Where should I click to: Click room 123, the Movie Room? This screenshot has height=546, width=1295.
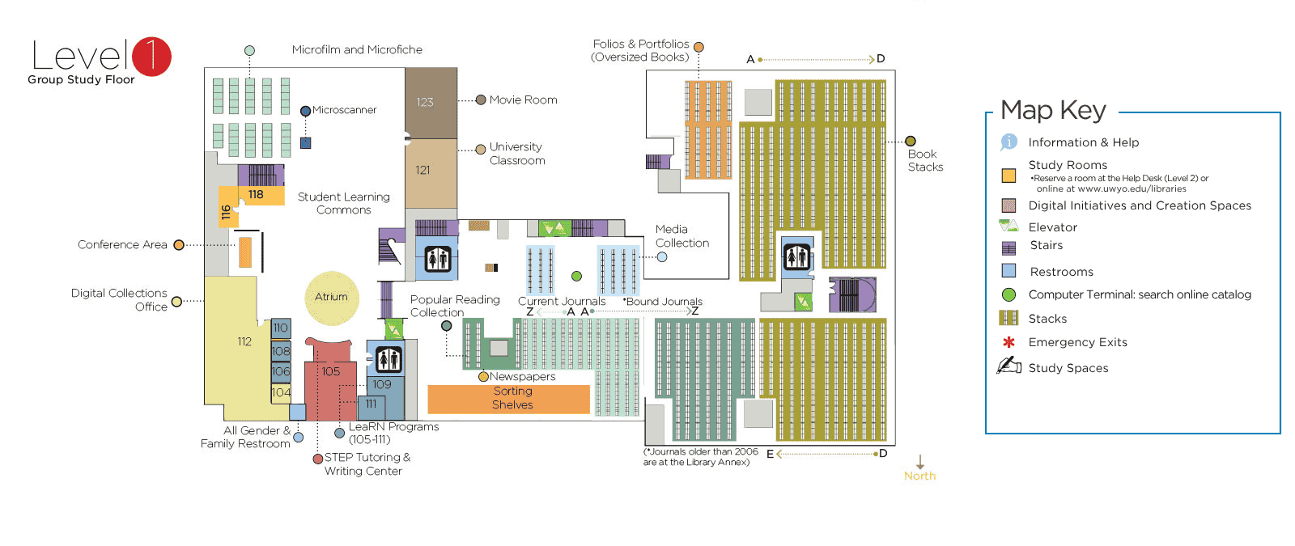(431, 103)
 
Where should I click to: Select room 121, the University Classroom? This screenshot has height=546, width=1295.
(430, 171)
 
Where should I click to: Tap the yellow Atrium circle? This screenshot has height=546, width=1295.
(331, 297)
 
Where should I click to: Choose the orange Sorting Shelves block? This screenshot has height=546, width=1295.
(508, 398)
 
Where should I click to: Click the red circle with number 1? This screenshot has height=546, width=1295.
(151, 57)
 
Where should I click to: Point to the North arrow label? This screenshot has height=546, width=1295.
(919, 476)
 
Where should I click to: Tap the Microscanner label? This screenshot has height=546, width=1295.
(344, 110)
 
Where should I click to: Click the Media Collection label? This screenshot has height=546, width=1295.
(681, 236)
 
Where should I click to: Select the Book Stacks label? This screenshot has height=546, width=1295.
(924, 160)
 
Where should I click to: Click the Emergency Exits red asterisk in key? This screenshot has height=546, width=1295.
(1008, 342)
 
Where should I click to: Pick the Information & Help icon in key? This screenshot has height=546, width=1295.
(1008, 142)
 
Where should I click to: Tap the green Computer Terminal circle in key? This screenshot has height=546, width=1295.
(1008, 294)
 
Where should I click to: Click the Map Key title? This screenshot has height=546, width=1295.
(1052, 110)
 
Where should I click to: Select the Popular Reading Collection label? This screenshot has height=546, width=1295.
(454, 306)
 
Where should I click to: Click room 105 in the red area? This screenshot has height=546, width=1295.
(331, 371)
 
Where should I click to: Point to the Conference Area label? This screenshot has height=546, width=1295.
(122, 244)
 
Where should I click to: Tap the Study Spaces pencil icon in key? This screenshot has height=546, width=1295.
(1008, 366)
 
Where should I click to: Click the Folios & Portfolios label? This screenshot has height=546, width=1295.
(640, 50)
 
